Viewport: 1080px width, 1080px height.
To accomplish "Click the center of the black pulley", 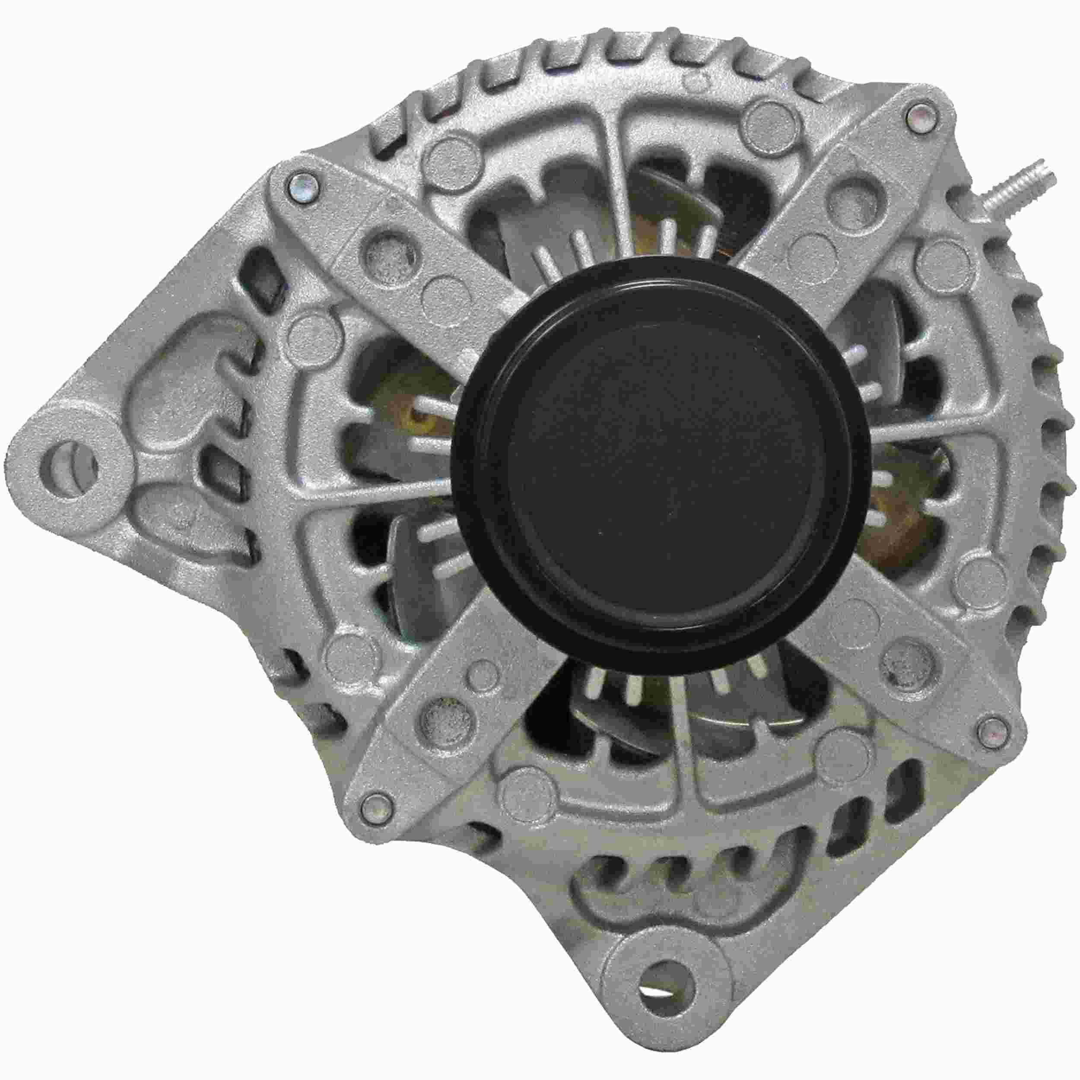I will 661,468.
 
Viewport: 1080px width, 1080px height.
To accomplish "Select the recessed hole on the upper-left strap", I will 388,255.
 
